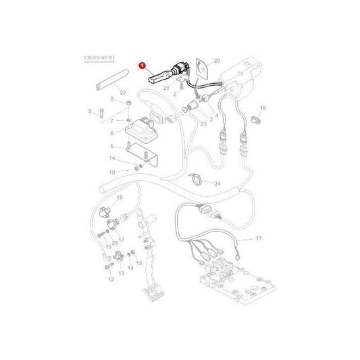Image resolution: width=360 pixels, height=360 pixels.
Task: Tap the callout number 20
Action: coord(217,61)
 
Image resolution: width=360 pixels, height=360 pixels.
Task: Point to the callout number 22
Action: coord(122,93)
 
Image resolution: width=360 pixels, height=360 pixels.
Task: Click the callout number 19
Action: coord(263,107)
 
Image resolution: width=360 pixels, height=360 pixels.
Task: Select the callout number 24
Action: coord(217,183)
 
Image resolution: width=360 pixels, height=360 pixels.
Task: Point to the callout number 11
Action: coord(258,239)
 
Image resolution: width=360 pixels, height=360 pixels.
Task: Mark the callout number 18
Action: coord(120,197)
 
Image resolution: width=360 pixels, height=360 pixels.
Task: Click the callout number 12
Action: coord(111,278)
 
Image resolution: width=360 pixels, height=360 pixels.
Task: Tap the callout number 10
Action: coord(112,172)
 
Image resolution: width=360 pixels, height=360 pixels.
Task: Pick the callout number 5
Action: coord(112,146)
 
